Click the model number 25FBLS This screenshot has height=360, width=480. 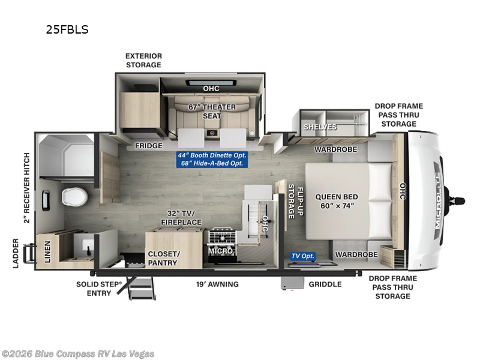click(67, 29)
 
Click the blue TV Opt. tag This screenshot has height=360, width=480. click(303, 256)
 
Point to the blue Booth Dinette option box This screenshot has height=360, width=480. click(212, 159)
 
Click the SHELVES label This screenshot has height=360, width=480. click(320, 127)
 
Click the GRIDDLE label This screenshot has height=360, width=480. click(326, 284)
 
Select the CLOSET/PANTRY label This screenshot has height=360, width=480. click(163, 258)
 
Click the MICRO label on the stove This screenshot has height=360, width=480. click(220, 251)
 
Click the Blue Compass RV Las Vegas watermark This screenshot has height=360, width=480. click(78, 353)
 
